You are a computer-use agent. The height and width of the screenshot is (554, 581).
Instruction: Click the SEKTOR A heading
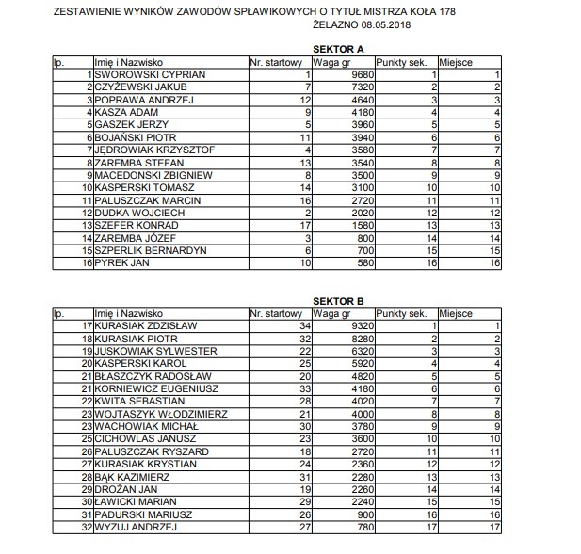click(x=338, y=48)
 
